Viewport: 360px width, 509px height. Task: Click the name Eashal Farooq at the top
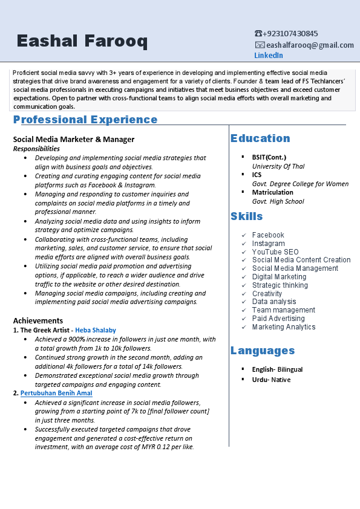[82, 41]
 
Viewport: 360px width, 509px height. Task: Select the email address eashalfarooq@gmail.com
[310, 45]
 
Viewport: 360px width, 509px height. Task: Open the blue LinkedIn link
[268, 56]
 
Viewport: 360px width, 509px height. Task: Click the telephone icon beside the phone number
[258, 34]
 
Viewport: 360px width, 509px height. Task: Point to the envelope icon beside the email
[260, 45]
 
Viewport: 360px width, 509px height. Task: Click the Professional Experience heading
[85, 120]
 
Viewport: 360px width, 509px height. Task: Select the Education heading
[260, 138]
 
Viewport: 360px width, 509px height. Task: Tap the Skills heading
[246, 216]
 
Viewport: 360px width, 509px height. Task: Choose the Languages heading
[263, 351]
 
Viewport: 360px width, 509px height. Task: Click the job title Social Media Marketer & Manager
[74, 139]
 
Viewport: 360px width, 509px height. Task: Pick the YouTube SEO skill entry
[275, 252]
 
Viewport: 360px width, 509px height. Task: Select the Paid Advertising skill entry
[278, 319]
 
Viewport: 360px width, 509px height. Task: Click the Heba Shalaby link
[96, 330]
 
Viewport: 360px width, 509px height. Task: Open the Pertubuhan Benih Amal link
[56, 394]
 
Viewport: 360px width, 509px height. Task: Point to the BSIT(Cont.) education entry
[269, 157]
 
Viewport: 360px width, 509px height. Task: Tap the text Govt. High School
[278, 201]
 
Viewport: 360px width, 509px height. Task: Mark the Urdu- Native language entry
[271, 380]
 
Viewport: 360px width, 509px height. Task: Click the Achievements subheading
[38, 320]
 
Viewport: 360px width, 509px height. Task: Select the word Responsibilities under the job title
[36, 149]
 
